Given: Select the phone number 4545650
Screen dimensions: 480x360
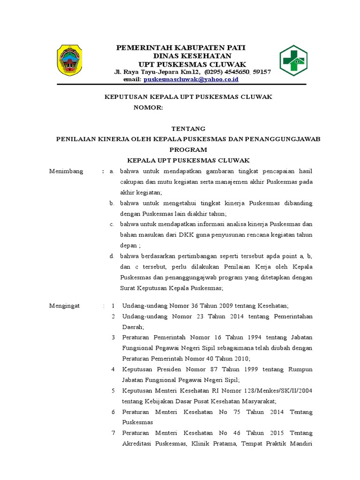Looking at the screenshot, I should (238, 72).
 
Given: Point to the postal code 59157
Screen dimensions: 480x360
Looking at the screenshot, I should (261, 72).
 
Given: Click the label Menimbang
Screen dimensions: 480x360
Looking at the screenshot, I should (66, 171).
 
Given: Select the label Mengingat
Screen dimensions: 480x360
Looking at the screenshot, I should (65, 306).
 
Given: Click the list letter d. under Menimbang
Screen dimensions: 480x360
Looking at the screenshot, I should (112, 256).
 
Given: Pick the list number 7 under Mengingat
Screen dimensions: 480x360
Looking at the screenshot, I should (113, 433).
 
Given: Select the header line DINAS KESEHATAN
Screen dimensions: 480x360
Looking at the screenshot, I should (180, 56).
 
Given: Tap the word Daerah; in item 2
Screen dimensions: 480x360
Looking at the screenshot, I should (134, 327).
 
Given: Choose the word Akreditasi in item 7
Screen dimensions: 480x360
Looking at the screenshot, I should (138, 443).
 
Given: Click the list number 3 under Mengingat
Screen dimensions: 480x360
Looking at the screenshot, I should (113, 337).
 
